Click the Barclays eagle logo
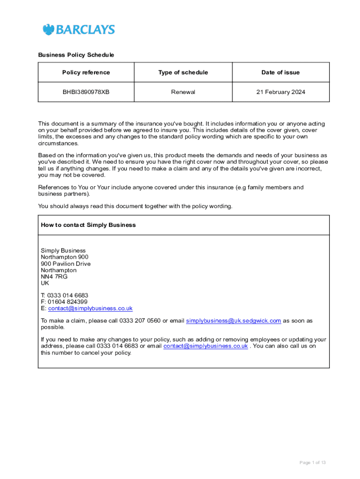49,29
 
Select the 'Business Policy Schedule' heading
76,55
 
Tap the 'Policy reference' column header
86,73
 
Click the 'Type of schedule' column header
183,73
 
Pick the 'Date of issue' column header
281,73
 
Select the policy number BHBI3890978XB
86,92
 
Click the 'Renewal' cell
183,92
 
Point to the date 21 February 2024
281,92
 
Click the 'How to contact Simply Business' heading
88,225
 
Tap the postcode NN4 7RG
54,277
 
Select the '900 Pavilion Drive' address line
65,264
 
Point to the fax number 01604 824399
67,302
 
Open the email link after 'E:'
90,309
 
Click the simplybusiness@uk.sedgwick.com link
233,321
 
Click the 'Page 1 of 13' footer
312,463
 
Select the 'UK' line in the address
45,283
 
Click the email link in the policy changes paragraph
205,346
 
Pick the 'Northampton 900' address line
64,257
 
